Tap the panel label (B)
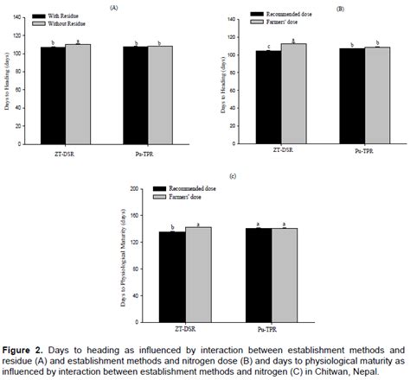click(x=316, y=8)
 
